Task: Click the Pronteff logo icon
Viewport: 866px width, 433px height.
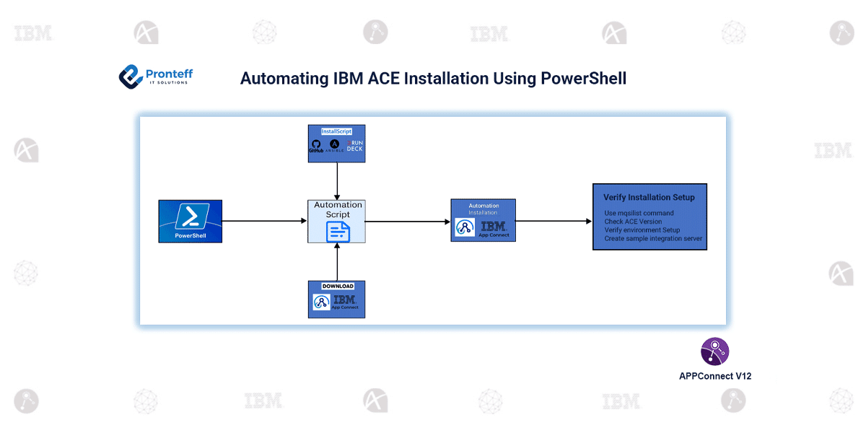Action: coord(131,76)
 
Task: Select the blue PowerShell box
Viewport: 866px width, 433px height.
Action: coord(190,221)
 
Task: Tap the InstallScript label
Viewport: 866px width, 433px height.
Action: coord(336,131)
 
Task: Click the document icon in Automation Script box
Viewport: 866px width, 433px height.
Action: coord(338,231)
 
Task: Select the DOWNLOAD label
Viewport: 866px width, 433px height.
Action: coord(337,287)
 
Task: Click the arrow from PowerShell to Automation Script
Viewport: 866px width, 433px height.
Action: coord(264,221)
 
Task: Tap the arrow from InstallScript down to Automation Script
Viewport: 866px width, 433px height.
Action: coord(337,181)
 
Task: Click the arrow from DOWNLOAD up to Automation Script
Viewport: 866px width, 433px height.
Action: coord(337,262)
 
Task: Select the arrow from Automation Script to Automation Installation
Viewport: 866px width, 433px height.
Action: coord(408,221)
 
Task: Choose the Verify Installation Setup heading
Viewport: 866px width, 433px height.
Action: coord(649,197)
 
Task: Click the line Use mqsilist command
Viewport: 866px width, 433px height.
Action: coord(639,213)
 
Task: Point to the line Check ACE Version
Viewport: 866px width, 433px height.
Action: coord(633,222)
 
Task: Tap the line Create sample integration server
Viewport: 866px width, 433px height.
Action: coord(653,238)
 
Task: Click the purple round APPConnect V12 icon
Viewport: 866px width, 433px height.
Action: coord(714,351)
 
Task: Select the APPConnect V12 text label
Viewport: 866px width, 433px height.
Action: coord(714,376)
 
